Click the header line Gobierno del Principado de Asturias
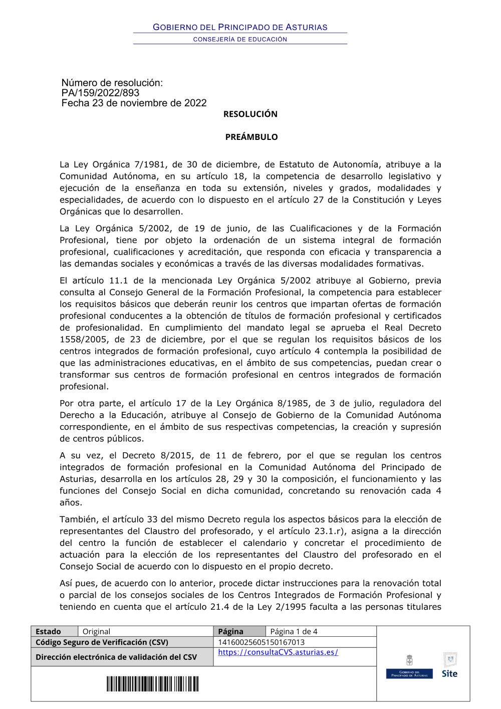coord(240,27)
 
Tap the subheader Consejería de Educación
coord(240,39)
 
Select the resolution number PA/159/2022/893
coord(100,93)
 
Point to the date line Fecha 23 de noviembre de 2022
coord(134,103)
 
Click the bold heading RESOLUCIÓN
coord(250,114)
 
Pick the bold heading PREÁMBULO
coord(251,137)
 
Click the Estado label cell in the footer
coord(48,631)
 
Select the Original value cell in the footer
coord(96,631)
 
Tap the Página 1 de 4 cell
coord(294,631)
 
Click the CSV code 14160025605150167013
coord(261,642)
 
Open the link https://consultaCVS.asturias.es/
coord(278,652)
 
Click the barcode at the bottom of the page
coord(152,684)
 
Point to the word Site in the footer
coord(449,673)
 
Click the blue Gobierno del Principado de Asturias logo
coord(409,674)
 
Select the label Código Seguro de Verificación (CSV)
coord(102,642)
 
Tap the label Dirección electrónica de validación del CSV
coord(116,657)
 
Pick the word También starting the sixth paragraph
coord(80,519)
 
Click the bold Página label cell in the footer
coord(230,631)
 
